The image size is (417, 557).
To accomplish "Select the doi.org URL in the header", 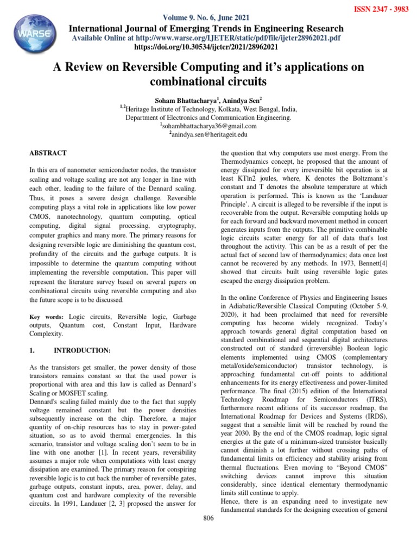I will tap(208, 48).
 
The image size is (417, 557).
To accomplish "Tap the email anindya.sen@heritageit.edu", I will tap(209, 134).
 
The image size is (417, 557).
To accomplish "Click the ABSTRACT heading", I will tap(48, 153).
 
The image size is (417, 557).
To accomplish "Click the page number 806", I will tap(208, 518).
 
